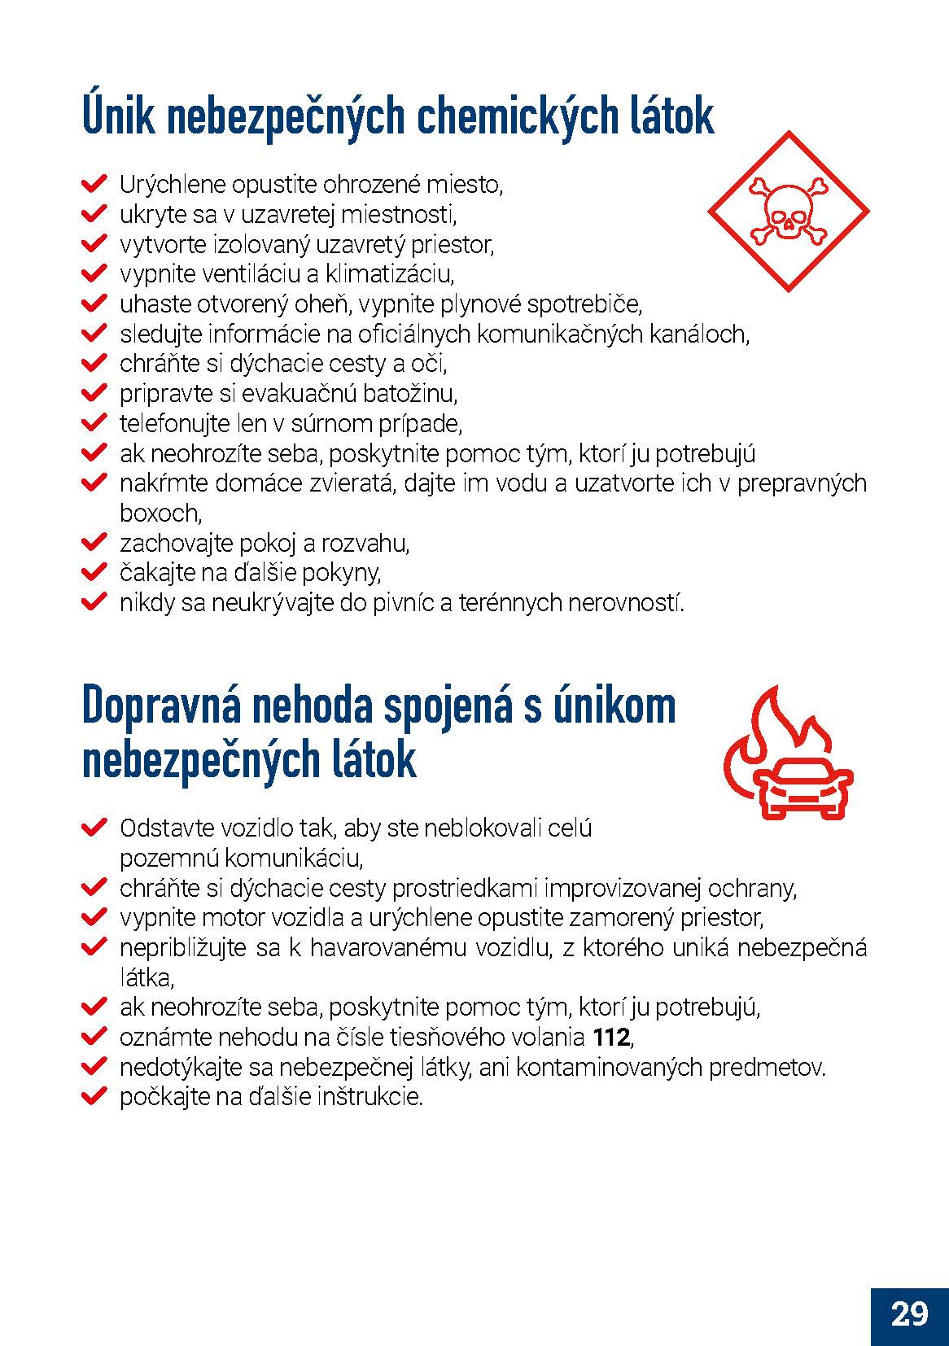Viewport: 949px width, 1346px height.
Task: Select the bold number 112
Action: click(x=611, y=1038)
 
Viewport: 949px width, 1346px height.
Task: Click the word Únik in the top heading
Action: click(x=115, y=116)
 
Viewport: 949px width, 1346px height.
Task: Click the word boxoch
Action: click(x=160, y=513)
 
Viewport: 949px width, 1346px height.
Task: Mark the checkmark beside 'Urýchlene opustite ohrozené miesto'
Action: click(x=94, y=184)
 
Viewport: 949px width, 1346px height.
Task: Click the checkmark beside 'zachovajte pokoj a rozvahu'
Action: click(x=94, y=543)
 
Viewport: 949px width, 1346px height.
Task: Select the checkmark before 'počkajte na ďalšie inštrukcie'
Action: click(x=94, y=1096)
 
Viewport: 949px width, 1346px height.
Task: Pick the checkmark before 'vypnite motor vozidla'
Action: click(x=94, y=917)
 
